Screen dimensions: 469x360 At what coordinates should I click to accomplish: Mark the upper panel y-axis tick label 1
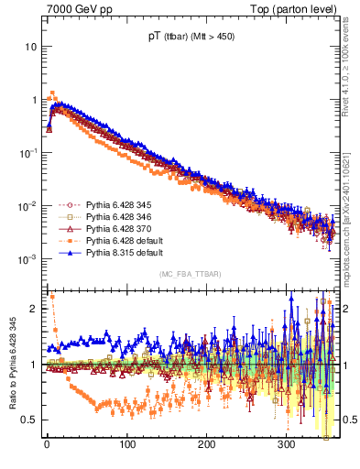click(34, 99)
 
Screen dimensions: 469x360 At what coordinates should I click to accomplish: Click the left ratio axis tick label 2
click(34, 309)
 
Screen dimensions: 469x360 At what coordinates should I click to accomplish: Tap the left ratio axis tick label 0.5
click(29, 420)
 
